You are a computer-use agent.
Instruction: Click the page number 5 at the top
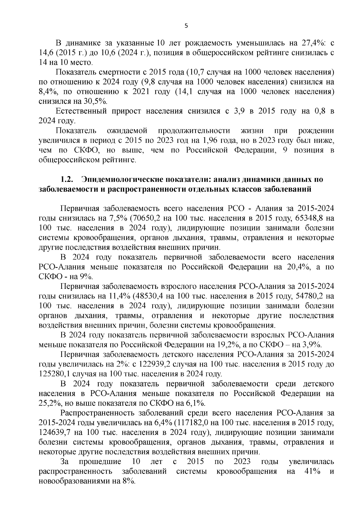click(186, 26)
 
